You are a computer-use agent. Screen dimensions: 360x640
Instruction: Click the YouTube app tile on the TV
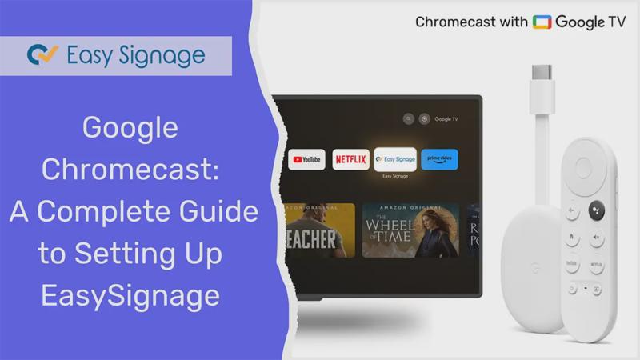click(306, 159)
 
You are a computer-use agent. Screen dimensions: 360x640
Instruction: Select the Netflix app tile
click(350, 159)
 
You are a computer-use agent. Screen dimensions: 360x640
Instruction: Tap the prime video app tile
click(439, 159)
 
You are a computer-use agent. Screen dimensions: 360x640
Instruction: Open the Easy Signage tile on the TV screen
click(395, 159)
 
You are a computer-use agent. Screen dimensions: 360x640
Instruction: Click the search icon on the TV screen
click(409, 119)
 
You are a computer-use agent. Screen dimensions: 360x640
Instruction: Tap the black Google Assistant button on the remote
click(596, 211)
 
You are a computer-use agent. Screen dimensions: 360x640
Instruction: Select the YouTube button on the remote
click(573, 262)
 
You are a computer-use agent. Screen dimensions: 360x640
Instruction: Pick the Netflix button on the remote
click(596, 262)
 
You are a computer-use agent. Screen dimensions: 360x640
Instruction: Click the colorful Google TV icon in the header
click(542, 22)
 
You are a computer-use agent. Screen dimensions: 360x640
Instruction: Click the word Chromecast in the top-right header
click(452, 22)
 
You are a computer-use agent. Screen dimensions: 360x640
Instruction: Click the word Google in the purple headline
click(130, 127)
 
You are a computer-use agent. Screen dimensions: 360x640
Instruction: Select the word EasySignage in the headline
click(130, 297)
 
